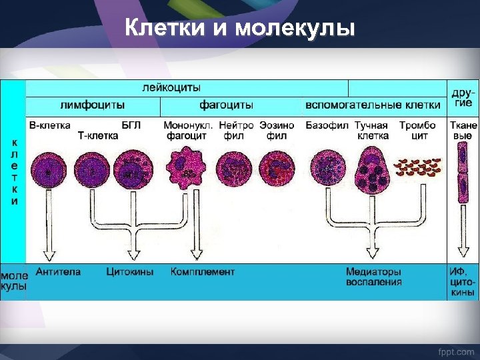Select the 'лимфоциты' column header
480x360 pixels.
[93, 105]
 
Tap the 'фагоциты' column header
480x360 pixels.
[226, 105]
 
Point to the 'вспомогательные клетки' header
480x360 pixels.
[373, 105]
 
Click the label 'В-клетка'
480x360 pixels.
[49, 125]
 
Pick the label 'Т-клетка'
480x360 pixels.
[98, 135]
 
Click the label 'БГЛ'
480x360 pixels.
[131, 125]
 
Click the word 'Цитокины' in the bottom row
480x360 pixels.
[129, 272]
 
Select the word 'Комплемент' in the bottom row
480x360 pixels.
[202, 272]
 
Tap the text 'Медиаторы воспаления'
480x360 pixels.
[373, 277]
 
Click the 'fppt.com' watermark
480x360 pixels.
[455, 350]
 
